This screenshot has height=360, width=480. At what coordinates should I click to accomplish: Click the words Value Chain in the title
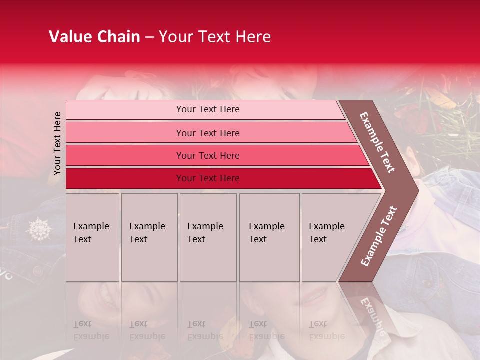tap(94, 37)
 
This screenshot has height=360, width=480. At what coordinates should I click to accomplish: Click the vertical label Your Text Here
tap(57, 143)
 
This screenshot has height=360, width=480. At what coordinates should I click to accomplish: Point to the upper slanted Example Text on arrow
tap(377, 143)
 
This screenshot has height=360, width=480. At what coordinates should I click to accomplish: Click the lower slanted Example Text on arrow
tap(379, 235)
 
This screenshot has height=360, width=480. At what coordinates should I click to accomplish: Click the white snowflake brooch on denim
tap(38, 229)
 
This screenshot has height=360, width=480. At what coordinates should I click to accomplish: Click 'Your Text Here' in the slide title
tap(215, 37)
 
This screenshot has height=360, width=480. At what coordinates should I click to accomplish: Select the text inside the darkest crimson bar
tap(208, 178)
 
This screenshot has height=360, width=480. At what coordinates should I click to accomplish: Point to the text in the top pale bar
tap(208, 109)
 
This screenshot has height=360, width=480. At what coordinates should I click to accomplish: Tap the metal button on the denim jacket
tap(37, 270)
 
